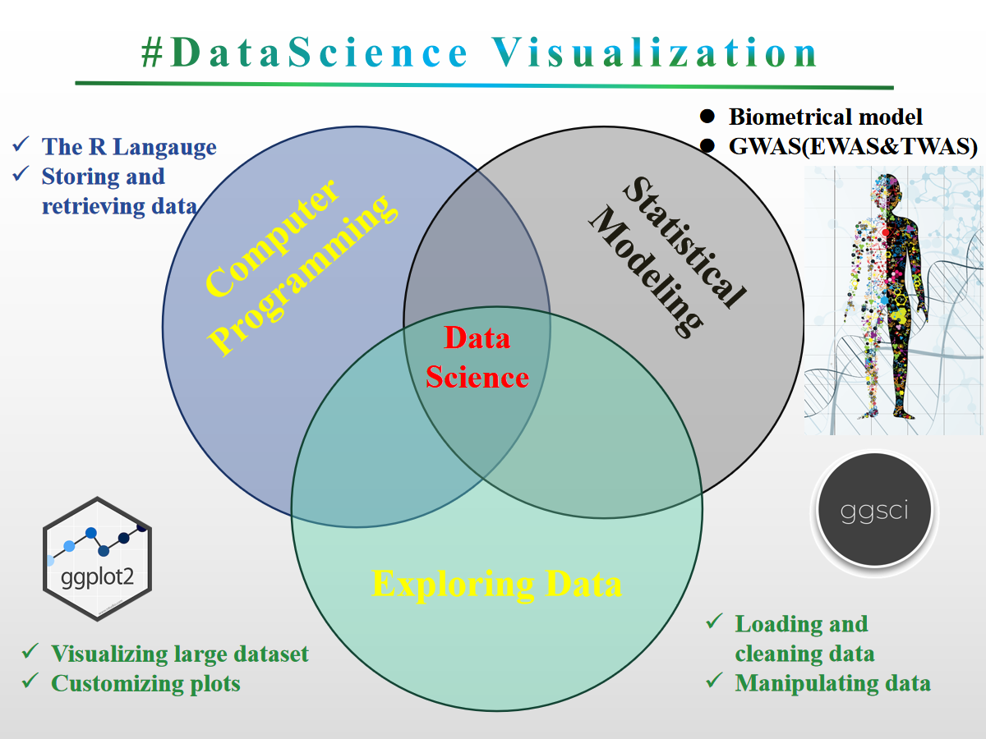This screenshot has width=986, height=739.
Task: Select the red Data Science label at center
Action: click(x=477, y=358)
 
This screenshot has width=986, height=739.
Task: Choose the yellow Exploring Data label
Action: click(x=496, y=584)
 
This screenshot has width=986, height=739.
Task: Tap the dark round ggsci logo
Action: click(x=874, y=511)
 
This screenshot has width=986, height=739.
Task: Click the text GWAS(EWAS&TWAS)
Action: click(x=853, y=147)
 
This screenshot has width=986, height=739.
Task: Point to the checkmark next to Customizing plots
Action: click(x=30, y=681)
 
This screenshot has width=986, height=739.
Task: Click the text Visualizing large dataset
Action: click(x=180, y=654)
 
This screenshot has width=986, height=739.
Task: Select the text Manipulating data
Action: click(x=832, y=682)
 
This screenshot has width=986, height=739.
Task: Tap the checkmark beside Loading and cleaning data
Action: click(x=715, y=622)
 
